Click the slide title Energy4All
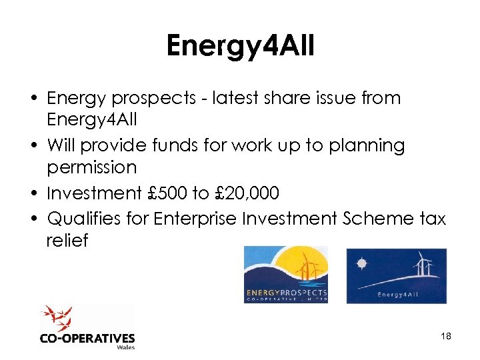239,46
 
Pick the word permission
91,167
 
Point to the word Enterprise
194,218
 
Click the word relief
67,240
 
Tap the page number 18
446,336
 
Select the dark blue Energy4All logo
396,275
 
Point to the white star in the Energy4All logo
362,263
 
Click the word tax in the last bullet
431,218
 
